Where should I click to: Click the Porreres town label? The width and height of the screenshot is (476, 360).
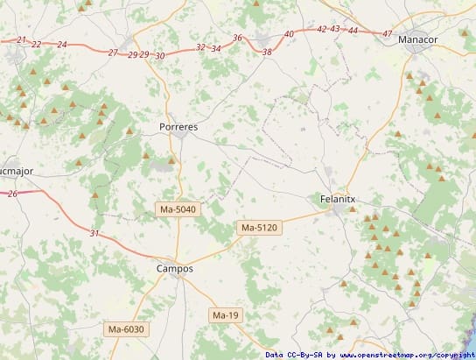point(178,127)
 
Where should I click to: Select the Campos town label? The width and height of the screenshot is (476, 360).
point(174,269)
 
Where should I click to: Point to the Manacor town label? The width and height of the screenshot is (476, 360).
point(417,40)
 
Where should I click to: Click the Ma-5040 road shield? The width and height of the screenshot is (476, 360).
point(178,209)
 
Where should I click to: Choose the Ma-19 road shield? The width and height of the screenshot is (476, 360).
point(225,314)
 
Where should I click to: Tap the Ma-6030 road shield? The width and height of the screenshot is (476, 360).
point(125,329)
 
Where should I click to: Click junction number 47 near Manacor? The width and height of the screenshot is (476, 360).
point(388,33)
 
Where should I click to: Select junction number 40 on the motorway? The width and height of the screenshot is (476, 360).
point(290,34)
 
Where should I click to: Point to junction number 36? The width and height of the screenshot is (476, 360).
point(238,38)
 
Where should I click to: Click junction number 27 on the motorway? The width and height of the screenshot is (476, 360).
point(113,53)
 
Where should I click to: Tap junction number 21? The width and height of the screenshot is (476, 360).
point(22,40)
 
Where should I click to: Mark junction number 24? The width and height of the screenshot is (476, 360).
point(61,44)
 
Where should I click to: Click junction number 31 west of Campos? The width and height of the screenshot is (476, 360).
point(94,233)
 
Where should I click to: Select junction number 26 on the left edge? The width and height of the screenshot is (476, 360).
point(12,193)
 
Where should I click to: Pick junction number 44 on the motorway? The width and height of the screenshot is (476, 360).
point(353,31)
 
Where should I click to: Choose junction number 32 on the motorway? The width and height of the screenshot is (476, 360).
point(201,47)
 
